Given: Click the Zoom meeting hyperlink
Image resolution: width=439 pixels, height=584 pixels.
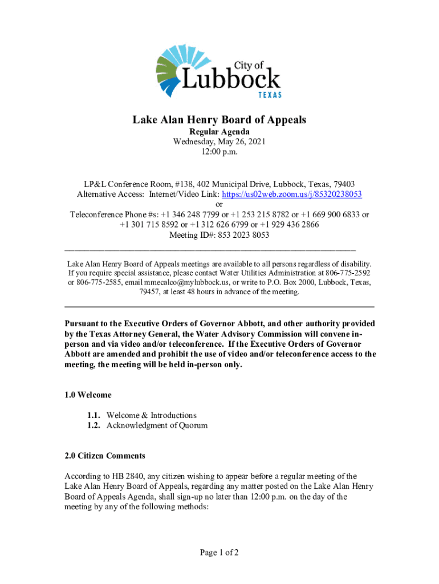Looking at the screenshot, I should point(292,194).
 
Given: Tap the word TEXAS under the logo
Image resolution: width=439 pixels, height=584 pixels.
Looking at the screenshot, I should point(268,95).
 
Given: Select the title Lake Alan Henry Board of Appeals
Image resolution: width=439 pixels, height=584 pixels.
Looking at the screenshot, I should point(219,120).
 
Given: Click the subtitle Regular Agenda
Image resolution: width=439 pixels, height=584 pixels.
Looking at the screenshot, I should point(219,132).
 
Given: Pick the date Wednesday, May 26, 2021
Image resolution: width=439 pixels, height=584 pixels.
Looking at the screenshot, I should point(219,142).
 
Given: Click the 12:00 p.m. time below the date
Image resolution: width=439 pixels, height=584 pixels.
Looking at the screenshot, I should point(219,152).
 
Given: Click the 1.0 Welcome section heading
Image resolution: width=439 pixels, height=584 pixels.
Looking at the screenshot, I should point(88,395).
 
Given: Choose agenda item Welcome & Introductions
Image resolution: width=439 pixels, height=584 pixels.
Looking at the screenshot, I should point(151,415).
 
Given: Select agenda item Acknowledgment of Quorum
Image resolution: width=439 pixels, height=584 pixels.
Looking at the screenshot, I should point(157,425).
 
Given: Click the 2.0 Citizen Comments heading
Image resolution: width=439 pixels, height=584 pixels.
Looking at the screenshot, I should point(105,456).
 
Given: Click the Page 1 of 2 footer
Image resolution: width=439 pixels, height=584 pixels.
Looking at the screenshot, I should point(219,552).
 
